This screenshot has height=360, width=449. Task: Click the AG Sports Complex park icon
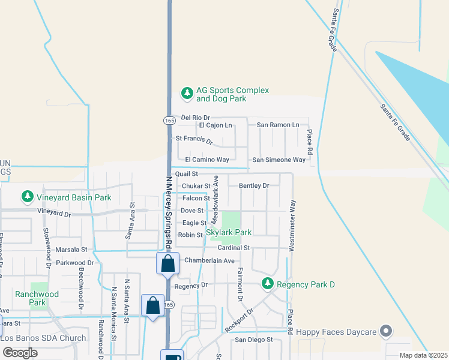[187, 94]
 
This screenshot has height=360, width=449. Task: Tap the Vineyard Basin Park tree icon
[27, 196]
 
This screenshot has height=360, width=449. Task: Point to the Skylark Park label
[229, 232]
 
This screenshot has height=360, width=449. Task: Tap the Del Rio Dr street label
[196, 118]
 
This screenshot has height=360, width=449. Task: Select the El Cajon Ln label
[215, 125]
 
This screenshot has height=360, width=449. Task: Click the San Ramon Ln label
[278, 125]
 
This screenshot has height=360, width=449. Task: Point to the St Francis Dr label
[194, 140]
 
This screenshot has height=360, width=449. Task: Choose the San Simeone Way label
[279, 160]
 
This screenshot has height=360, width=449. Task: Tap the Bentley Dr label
[254, 186]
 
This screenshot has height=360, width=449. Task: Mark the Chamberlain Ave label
[209, 260]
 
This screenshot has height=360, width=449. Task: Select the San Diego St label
[253, 340]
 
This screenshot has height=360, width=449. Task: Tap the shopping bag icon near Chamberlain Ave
[167, 263]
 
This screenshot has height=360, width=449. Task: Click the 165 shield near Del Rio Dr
[169, 120]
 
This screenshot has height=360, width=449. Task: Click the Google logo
[20, 352]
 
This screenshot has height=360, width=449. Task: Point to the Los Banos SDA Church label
[44, 338]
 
